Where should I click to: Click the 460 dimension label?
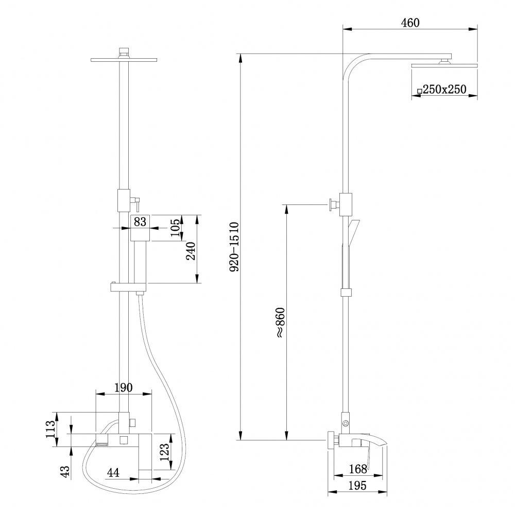click(x=410, y=22)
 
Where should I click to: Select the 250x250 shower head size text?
click(x=444, y=90)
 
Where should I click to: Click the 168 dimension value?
click(x=357, y=469)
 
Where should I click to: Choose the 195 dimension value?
click(x=357, y=486)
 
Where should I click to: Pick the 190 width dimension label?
click(x=124, y=387)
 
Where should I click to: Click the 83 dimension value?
click(x=140, y=221)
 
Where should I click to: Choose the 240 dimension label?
click(x=190, y=251)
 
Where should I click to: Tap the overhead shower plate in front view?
click(x=124, y=59)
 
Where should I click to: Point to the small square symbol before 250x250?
click(x=419, y=91)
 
